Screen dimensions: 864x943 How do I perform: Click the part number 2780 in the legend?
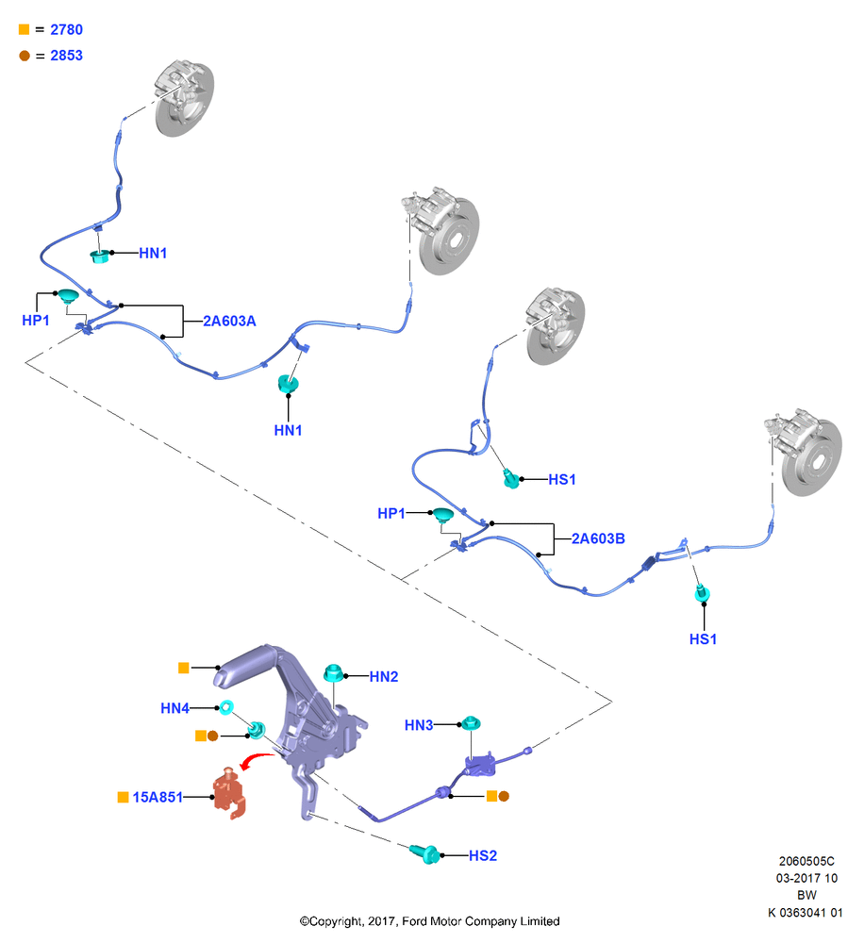coord(66,29)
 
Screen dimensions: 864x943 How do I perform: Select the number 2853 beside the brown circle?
coord(66,56)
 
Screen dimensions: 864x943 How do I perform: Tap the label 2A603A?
coord(229,322)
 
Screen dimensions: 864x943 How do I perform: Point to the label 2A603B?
coord(598,538)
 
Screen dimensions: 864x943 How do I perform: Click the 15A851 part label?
coord(158,797)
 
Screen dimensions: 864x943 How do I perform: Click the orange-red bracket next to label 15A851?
coord(230,793)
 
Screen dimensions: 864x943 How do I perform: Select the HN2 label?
coord(384,676)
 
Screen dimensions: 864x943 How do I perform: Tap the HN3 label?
coord(419,725)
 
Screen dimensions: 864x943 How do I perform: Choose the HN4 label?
coord(175,708)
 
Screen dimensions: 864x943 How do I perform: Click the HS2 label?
coord(483,856)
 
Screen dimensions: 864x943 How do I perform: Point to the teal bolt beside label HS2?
coord(425,853)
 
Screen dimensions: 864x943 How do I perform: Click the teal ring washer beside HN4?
coord(226,707)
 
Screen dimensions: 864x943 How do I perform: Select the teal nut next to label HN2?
coord(333,673)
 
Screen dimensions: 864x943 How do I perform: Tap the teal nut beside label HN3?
coord(471,722)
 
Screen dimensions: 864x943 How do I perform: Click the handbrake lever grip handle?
coord(241,668)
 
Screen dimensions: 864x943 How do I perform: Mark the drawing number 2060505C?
coord(806,861)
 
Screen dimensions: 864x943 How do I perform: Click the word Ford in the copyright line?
coord(414,920)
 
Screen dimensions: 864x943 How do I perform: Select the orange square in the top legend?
coord(25,29)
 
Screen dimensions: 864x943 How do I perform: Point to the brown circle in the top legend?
coord(25,56)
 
